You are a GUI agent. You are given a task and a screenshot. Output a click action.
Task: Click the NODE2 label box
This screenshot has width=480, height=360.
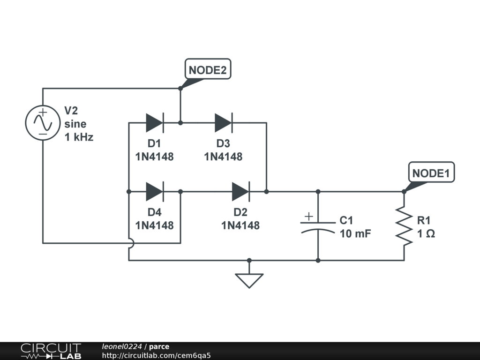point(208,69)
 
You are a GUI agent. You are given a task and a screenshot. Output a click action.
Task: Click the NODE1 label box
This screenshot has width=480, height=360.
point(431,172)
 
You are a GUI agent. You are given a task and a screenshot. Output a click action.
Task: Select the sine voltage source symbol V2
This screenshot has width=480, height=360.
point(43,123)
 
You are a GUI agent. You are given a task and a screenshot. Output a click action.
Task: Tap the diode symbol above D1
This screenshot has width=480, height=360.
point(155,123)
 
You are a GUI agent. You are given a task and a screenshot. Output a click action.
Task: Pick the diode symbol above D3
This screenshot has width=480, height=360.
point(224,123)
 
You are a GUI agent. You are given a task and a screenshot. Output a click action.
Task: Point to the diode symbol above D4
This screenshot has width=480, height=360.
point(155,192)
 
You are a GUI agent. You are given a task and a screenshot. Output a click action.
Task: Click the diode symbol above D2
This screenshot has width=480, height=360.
point(241,192)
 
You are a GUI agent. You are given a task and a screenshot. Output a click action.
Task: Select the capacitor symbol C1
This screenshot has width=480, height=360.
point(318,226)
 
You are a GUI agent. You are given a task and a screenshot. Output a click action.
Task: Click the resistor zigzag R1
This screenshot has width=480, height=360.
point(404,226)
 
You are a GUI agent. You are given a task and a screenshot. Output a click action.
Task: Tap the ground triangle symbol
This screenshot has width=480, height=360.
point(249,281)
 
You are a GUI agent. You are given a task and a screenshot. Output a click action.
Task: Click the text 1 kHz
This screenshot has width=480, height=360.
point(79,137)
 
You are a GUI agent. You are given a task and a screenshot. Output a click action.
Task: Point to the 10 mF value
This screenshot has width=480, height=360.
point(355,233)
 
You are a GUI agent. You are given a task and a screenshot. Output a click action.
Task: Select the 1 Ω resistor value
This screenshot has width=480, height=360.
point(426,233)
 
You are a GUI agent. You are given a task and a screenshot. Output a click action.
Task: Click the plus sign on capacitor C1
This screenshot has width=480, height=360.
point(309,217)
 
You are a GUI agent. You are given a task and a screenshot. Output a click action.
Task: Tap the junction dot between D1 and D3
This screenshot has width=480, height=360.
point(180,123)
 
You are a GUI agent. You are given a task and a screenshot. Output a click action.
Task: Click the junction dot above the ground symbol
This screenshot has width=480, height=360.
point(249,261)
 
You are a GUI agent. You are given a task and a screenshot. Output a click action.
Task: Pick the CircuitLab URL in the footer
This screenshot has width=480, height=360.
point(156,355)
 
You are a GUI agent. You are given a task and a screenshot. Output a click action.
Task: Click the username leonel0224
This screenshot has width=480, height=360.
point(122,346)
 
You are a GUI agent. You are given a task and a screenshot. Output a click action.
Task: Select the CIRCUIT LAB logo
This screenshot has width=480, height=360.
point(51,351)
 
